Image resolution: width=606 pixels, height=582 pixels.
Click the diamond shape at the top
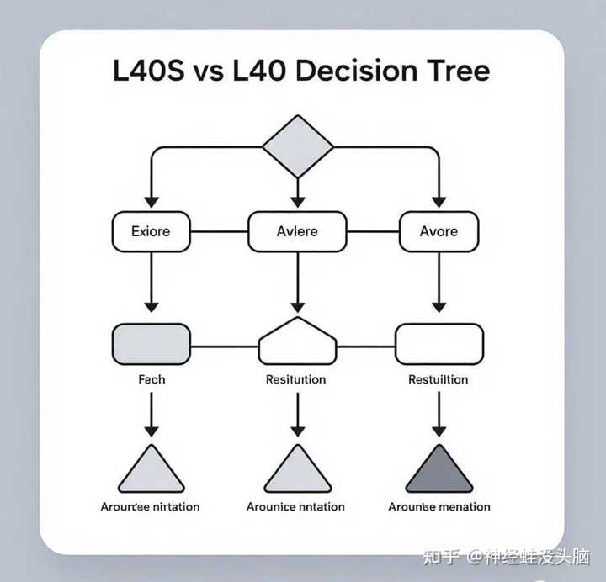tap(297, 145)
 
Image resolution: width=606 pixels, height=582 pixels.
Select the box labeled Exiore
tap(151, 231)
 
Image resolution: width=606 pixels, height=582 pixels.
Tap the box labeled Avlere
tap(297, 231)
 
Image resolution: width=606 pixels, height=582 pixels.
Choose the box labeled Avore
tap(439, 231)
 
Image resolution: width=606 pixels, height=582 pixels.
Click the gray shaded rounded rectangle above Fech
tap(151, 345)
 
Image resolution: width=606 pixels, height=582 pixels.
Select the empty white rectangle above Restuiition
tap(439, 345)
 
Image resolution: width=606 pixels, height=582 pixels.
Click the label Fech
tap(151, 379)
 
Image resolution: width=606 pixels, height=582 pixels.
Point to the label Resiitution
tap(295, 379)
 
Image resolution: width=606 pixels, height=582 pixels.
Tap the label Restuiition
tap(438, 379)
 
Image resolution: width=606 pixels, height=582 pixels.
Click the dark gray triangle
tap(439, 472)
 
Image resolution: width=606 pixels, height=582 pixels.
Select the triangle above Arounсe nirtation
tap(151, 472)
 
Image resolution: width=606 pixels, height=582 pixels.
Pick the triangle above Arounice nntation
tap(297, 472)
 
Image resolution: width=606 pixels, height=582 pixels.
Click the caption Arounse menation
tap(439, 506)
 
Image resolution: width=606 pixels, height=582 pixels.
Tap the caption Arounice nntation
tap(295, 506)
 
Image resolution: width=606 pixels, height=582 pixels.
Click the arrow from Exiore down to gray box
tap(151, 282)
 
